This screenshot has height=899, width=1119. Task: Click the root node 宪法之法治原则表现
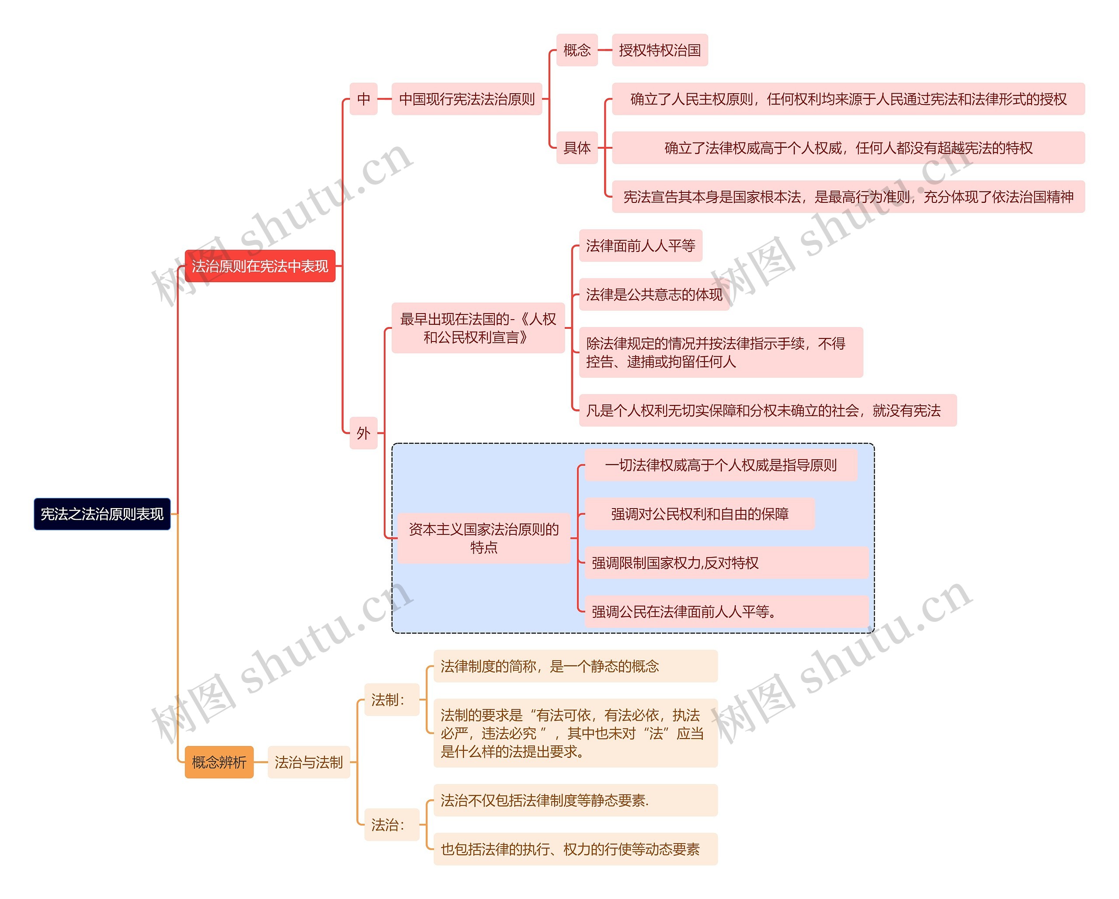pyautogui.click(x=102, y=514)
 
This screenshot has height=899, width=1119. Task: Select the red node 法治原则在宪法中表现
pyautogui.click(x=260, y=266)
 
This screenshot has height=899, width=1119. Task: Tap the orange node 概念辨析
pyautogui.click(x=219, y=762)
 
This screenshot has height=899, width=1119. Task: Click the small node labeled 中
pyautogui.click(x=363, y=99)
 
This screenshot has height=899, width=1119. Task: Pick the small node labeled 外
pyautogui.click(x=363, y=432)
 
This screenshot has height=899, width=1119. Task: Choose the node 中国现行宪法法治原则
pyautogui.click(x=466, y=99)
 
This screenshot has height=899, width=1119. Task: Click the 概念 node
pyautogui.click(x=577, y=50)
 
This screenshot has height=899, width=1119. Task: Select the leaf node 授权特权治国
pyautogui.click(x=660, y=50)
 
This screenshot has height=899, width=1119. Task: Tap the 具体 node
pyautogui.click(x=577, y=148)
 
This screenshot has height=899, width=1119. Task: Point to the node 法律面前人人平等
pyautogui.click(x=640, y=245)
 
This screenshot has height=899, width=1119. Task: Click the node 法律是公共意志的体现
pyautogui.click(x=653, y=294)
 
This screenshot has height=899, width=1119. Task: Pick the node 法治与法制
pyautogui.click(x=308, y=762)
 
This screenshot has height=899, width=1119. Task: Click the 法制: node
pyautogui.click(x=391, y=700)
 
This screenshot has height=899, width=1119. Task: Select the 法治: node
pyautogui.click(x=391, y=824)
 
